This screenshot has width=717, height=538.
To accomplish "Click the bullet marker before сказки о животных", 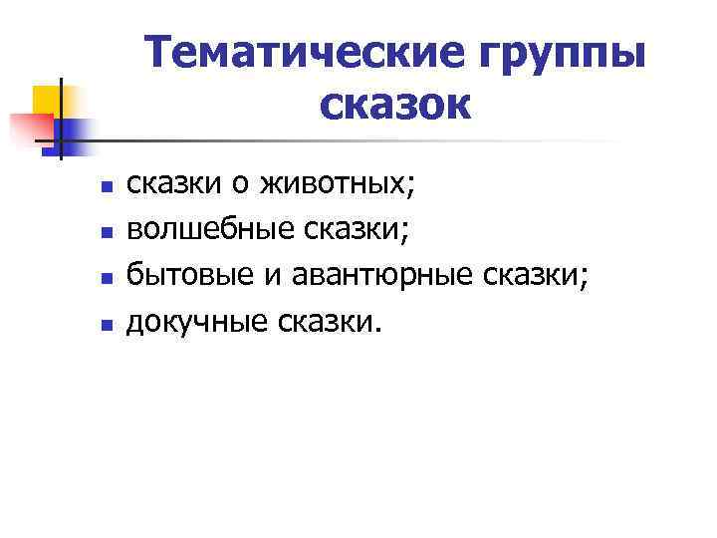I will pos(106,185).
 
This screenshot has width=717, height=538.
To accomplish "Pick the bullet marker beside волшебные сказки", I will pos(106,231).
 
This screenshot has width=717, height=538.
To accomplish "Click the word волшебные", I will pos(204,229).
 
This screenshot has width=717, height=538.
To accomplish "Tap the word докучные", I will pos(193,322).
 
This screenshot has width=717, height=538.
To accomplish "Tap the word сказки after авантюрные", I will pos(537,276).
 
